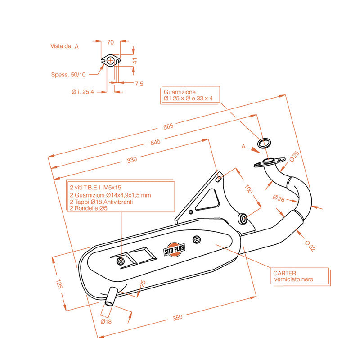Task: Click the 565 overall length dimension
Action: [168, 127]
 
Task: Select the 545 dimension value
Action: [155, 142]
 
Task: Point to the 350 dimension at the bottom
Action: [177, 318]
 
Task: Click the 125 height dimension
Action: [59, 283]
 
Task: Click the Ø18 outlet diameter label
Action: [106, 321]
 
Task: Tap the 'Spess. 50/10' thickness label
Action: [68, 74]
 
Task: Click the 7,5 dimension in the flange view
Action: [139, 84]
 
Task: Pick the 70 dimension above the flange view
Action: [110, 43]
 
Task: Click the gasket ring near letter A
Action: [264, 144]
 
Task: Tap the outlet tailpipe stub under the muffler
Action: [111, 297]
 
